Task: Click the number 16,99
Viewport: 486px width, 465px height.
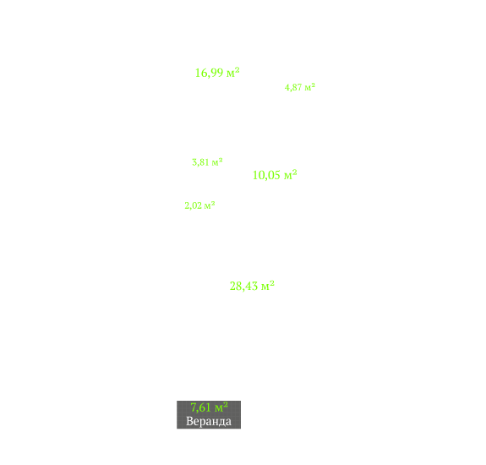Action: (x=209, y=73)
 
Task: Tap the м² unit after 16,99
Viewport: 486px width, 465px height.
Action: (x=232, y=73)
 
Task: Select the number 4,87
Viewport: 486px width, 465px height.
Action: (x=293, y=87)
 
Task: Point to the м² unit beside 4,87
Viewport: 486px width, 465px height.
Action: (x=309, y=87)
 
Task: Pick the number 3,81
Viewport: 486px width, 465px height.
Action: (x=200, y=162)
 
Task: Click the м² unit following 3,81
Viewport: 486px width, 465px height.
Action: (x=217, y=161)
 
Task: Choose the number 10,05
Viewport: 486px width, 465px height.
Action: (x=266, y=176)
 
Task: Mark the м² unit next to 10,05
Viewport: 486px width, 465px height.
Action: (x=291, y=175)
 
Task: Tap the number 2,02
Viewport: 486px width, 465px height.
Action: (x=193, y=205)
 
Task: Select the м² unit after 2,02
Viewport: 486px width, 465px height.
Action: (x=210, y=205)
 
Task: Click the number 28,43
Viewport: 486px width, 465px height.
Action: (x=243, y=287)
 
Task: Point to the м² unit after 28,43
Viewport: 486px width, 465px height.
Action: (x=268, y=286)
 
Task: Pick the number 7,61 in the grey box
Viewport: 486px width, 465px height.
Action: (x=201, y=408)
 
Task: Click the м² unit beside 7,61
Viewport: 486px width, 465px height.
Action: (x=221, y=407)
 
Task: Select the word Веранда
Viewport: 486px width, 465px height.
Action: (x=209, y=421)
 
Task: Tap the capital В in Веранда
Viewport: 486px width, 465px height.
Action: (x=189, y=421)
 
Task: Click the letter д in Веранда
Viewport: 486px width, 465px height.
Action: (x=221, y=422)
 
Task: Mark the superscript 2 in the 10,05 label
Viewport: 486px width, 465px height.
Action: (x=294, y=172)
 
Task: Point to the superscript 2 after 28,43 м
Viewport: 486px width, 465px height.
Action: (x=272, y=282)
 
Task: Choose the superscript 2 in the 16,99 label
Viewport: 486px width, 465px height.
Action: (x=237, y=69)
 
